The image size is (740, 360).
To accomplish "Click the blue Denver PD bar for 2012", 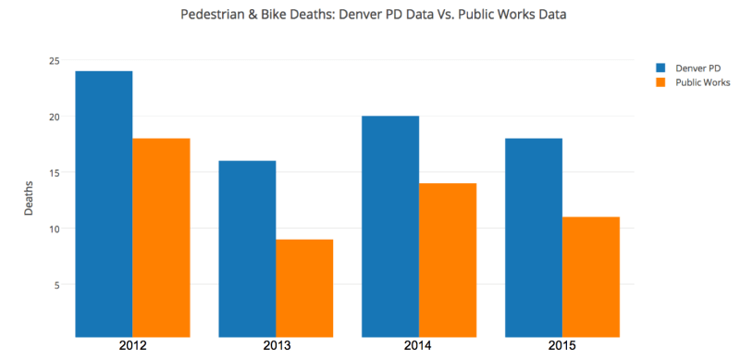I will [x=104, y=204].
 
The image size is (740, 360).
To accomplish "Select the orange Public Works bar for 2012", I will [x=161, y=237].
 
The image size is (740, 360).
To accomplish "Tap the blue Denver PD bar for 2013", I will [x=247, y=248].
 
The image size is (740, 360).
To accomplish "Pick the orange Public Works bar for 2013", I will [x=304, y=288].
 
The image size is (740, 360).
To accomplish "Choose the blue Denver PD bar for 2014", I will [x=390, y=226].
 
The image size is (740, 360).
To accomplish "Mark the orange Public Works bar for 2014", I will [x=448, y=259].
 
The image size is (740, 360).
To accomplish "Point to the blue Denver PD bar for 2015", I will [x=534, y=237].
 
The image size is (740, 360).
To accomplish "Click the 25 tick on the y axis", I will [x=55, y=61].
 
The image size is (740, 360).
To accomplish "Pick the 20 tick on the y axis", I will [x=55, y=117].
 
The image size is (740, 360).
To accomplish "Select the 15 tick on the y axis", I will [x=55, y=173].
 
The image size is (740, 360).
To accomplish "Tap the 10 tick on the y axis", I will [x=55, y=229].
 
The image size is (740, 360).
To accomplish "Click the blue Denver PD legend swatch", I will [x=660, y=68].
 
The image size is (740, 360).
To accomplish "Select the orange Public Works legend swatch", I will [x=660, y=82].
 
